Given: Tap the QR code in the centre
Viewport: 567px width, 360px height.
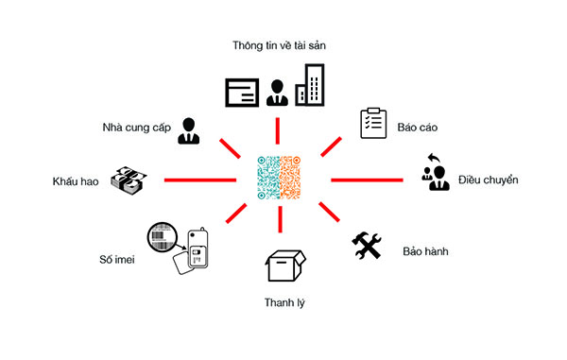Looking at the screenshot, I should click(280, 178).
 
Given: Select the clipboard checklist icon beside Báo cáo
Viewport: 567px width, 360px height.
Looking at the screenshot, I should click(373, 124).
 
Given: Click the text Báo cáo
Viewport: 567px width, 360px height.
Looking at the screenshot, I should click(418, 127).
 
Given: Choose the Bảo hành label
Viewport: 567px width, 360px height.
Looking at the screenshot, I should click(425, 252).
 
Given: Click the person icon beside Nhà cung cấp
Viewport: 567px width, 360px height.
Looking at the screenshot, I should click(189, 129).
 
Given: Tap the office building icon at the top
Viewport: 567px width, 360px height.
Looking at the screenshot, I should click(310, 85).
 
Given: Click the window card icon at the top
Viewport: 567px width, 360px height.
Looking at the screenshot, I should click(242, 92).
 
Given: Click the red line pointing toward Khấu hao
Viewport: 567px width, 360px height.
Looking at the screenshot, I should click(199, 179).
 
